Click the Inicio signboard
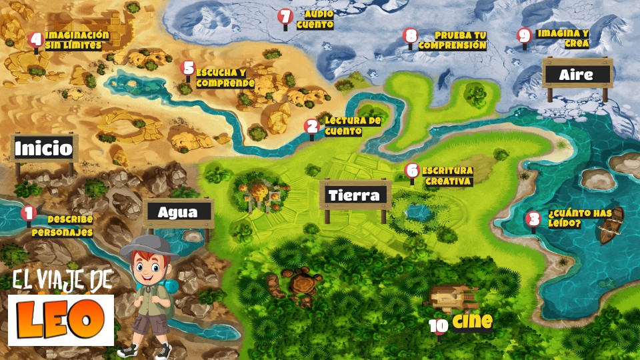[x=44, y=148]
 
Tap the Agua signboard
[x=178, y=213]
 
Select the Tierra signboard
[x=355, y=195]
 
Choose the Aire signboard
[x=577, y=74]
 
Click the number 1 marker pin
[x=28, y=213]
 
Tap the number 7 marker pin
[x=285, y=17]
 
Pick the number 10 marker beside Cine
[x=439, y=325]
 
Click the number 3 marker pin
[x=533, y=218]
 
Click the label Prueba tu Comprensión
[x=453, y=40]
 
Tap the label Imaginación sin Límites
[x=77, y=40]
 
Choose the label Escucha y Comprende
[x=225, y=78]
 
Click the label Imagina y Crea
[x=563, y=38]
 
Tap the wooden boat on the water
[x=611, y=227]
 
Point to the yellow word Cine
[x=472, y=321]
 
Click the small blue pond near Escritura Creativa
[x=419, y=213]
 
